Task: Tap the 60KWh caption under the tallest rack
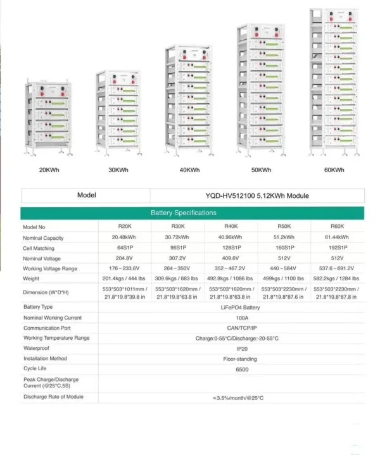[x=334, y=170]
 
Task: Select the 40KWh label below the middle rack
[x=189, y=170]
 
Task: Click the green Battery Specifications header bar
[x=192, y=213]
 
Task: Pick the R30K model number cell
[x=178, y=227]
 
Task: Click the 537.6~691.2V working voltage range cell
[x=338, y=268]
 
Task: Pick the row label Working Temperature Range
[x=56, y=338]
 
